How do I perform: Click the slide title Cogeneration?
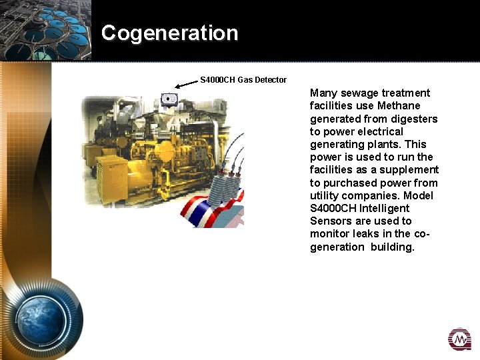pyautogui.click(x=169, y=33)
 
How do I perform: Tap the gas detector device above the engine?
pyautogui.click(x=169, y=100)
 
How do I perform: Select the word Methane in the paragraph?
pyautogui.click(x=399, y=106)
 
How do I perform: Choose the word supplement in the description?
pyautogui.click(x=409, y=170)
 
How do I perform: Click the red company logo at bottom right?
pyautogui.click(x=459, y=339)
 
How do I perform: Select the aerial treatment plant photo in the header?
pyautogui.click(x=45, y=30)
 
